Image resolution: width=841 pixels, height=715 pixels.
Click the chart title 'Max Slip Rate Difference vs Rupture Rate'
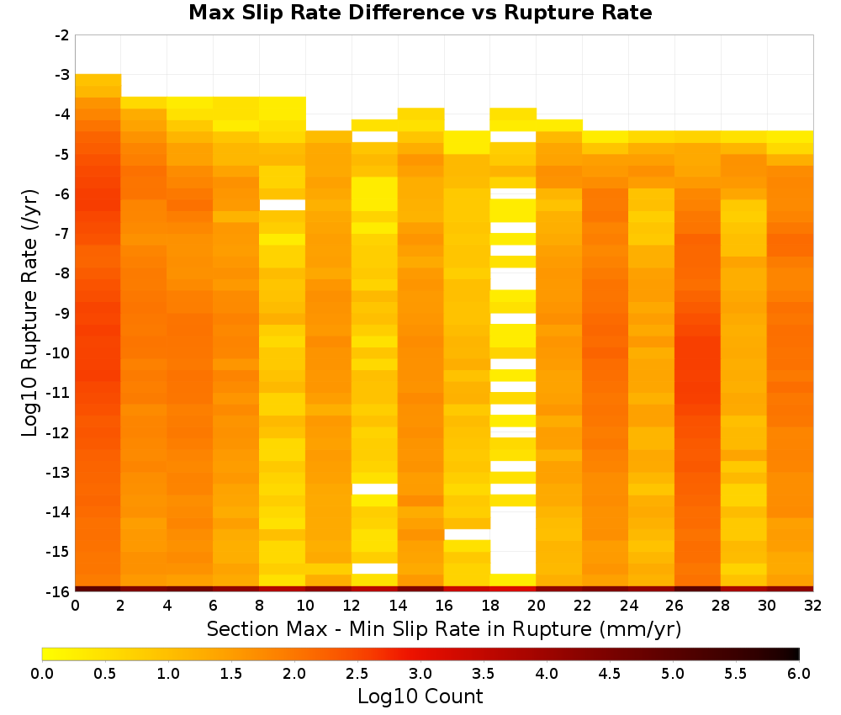[x=420, y=13]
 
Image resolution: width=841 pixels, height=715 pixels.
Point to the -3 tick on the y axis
[x=62, y=75]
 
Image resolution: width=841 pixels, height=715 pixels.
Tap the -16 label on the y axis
[x=59, y=591]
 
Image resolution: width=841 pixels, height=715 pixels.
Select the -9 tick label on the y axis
[x=62, y=313]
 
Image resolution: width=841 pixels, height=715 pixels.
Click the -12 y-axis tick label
[x=59, y=433]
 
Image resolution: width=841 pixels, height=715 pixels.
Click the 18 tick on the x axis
[x=490, y=606]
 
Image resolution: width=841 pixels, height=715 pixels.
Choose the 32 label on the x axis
[x=813, y=606]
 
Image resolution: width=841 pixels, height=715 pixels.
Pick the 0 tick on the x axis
[x=75, y=606]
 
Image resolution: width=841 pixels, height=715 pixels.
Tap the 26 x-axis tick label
[x=674, y=606]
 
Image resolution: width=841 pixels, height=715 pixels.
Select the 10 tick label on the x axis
[x=305, y=606]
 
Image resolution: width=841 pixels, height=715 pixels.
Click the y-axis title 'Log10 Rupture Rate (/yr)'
[x=30, y=313]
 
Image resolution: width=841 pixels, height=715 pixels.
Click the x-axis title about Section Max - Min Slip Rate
[x=444, y=629]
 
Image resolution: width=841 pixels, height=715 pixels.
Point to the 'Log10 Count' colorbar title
[x=420, y=696]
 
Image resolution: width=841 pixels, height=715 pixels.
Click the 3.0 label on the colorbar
[x=420, y=674]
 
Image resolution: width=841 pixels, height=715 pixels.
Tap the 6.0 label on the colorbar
[x=799, y=674]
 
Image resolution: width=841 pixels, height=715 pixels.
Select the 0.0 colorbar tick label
[x=42, y=674]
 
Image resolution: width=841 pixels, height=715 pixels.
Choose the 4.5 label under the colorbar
[x=610, y=674]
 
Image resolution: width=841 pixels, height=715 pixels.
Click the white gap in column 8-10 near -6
[x=282, y=205]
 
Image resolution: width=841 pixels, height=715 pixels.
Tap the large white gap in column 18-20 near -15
[x=513, y=540]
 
